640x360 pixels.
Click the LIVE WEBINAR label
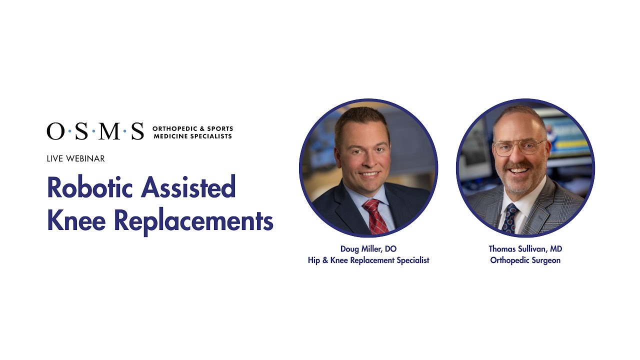(x=75, y=158)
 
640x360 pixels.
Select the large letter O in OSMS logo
(x=55, y=131)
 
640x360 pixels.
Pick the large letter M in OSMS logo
(x=109, y=131)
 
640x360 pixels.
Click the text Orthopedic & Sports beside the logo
(x=192, y=128)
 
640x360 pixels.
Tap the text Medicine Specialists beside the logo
(x=192, y=136)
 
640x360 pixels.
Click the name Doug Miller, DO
(x=368, y=249)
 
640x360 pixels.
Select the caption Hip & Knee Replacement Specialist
(x=368, y=260)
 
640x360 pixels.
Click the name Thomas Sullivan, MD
(x=525, y=249)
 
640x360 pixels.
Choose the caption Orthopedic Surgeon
(x=525, y=260)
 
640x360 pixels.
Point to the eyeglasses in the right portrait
(x=518, y=147)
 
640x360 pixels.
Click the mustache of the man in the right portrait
(x=518, y=165)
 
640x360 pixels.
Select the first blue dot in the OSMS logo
(x=69, y=132)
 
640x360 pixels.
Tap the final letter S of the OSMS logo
(x=137, y=131)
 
